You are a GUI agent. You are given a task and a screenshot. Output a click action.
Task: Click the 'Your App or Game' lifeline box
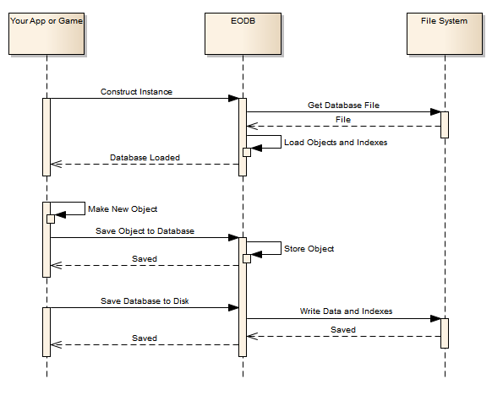tap(46, 34)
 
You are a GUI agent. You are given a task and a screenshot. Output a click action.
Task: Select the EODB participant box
tap(243, 34)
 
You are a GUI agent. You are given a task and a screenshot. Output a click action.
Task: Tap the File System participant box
tap(445, 34)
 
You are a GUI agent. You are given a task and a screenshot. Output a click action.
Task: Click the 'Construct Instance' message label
tap(136, 92)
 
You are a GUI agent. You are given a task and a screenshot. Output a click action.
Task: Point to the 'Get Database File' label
tap(343, 106)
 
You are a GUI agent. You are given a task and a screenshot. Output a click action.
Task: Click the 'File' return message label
tap(343, 120)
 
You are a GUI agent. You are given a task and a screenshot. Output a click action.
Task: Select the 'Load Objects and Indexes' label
tap(336, 143)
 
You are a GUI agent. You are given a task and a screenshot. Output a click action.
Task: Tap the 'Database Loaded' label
tap(145, 158)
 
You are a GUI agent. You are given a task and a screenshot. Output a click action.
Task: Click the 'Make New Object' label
tap(123, 209)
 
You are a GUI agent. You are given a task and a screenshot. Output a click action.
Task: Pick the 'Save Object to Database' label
tap(145, 231)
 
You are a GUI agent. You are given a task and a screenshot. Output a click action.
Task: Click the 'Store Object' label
tap(309, 249)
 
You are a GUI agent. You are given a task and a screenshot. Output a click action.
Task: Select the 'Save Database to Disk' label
tap(145, 301)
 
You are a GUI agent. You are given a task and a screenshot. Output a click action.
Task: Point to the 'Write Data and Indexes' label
tap(346, 311)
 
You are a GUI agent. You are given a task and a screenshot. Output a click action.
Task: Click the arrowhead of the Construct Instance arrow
tap(234, 99)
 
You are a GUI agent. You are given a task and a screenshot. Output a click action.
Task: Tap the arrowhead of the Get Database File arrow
tap(436, 111)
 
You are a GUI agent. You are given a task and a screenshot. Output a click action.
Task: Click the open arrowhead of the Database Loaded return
tap(56, 164)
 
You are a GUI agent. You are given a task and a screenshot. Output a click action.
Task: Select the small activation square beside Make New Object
tap(51, 219)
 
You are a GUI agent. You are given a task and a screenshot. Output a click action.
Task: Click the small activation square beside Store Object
tap(247, 259)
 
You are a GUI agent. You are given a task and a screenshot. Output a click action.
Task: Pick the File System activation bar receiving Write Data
tap(445, 333)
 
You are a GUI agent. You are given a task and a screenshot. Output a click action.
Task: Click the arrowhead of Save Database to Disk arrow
tap(234, 307)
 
